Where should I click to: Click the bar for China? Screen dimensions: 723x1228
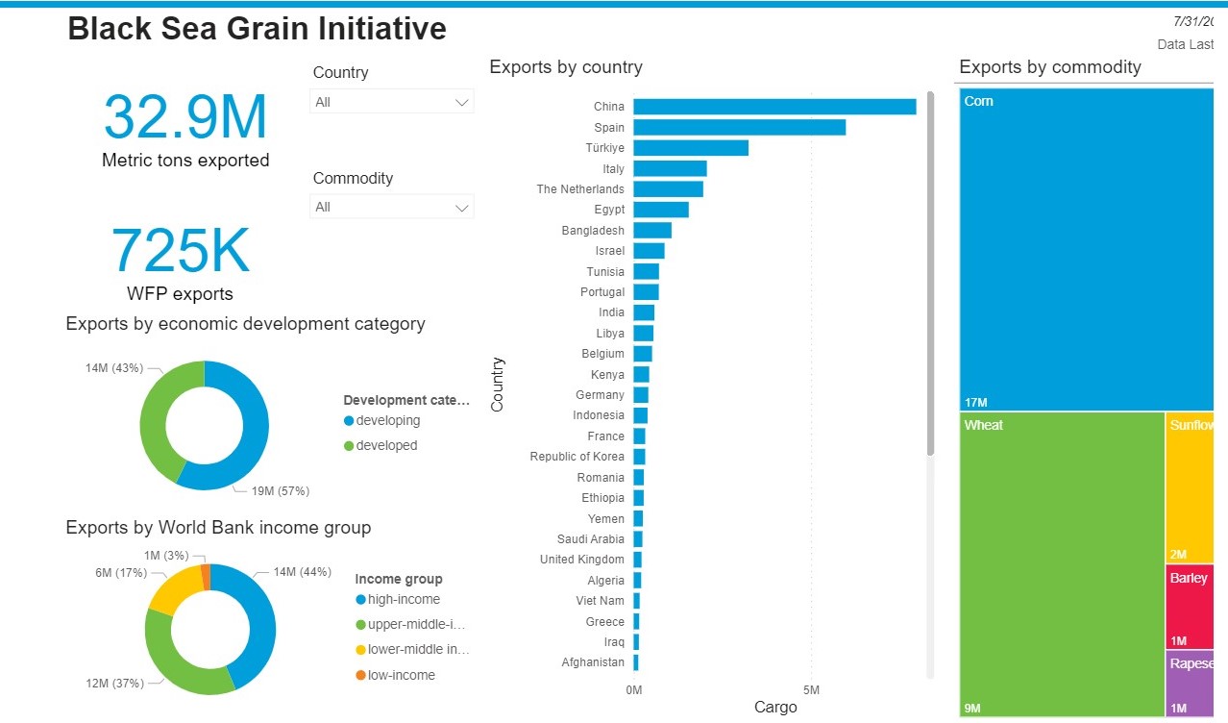(x=774, y=107)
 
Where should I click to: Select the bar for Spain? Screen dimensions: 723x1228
(x=739, y=127)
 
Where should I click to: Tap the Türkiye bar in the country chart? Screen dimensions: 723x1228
(x=690, y=148)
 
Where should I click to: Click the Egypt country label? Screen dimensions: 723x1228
(x=609, y=210)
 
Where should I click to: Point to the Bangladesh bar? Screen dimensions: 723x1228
(x=652, y=231)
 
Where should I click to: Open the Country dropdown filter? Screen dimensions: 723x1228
(x=392, y=102)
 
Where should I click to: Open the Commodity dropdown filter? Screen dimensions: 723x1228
(x=392, y=207)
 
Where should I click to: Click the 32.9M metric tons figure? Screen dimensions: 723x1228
(x=185, y=117)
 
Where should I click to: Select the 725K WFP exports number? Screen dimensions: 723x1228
(x=181, y=252)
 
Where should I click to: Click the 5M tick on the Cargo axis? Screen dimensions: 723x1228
(x=811, y=690)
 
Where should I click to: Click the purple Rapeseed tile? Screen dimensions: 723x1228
(x=1191, y=684)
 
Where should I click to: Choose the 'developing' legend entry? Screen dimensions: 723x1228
(x=387, y=421)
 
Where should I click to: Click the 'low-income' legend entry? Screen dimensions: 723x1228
(x=401, y=675)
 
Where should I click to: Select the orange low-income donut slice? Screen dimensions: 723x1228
(x=206, y=577)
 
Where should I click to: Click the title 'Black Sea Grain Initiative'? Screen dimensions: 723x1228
(x=257, y=29)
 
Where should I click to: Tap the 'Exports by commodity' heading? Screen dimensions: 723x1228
(x=1049, y=67)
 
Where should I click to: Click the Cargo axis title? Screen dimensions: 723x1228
(x=775, y=708)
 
